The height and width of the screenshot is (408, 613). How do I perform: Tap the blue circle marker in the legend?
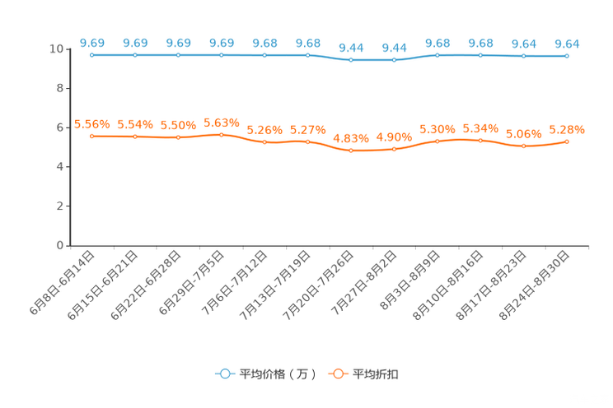coord(223,373)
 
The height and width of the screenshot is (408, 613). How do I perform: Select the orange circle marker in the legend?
coord(337,373)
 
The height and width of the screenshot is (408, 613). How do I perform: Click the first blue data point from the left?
coord(92,55)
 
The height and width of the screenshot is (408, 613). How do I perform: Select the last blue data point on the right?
coord(567,56)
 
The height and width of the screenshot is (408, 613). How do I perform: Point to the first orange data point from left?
coord(92,136)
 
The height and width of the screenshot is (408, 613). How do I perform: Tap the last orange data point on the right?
coord(567,141)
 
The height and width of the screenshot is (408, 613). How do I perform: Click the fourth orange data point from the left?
coord(222,134)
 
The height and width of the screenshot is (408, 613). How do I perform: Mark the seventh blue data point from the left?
coord(351,60)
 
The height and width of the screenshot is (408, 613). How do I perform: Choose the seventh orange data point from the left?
coord(351,151)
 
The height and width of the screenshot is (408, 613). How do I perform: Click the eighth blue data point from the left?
coord(395,60)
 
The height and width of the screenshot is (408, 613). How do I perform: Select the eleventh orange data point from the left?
coord(523,146)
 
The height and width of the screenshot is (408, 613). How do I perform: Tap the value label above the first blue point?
coord(92,42)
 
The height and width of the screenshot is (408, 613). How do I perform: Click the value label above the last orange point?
coord(567,129)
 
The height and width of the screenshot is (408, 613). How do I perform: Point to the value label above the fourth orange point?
coord(222,123)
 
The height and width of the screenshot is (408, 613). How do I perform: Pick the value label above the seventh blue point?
coord(351,48)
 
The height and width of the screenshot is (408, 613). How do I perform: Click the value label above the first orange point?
coord(92,124)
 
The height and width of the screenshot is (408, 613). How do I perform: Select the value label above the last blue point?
coord(567,43)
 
